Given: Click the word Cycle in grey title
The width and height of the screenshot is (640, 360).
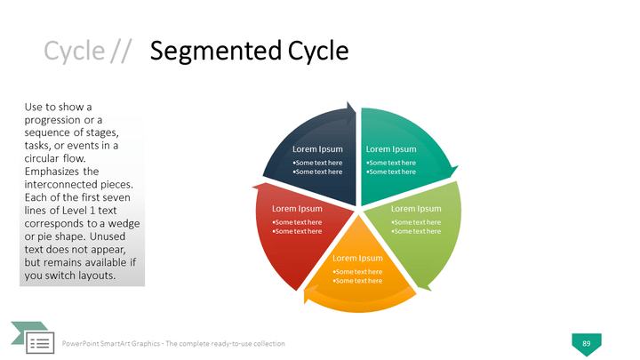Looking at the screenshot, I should [74, 52].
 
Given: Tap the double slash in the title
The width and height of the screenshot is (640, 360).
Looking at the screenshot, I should [122, 52].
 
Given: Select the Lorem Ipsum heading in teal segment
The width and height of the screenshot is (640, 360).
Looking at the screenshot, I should [391, 149].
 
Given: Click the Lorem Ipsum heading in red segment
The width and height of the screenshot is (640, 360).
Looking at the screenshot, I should [296, 209].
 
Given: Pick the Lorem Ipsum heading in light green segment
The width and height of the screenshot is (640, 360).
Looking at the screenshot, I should [416, 209].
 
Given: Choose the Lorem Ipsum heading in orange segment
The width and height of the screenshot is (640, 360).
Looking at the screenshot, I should [357, 259].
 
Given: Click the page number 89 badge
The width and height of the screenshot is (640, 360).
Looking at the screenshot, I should [586, 343].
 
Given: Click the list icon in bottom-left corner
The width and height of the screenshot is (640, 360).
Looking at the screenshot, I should [38, 342].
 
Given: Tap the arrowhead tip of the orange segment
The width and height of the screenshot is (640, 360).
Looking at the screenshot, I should [308, 301].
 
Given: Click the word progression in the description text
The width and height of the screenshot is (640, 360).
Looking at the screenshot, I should [54, 120].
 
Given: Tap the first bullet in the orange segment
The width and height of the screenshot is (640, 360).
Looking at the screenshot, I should [357, 271].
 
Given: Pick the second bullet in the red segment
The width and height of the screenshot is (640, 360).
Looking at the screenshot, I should [296, 231].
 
